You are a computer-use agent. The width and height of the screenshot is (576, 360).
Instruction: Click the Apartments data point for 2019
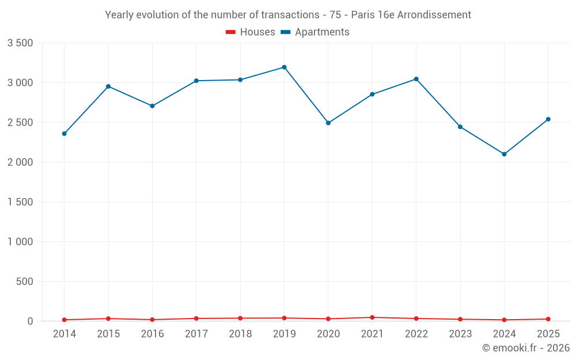[x=285, y=67]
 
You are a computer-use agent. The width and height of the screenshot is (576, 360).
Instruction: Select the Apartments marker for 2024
[x=505, y=154]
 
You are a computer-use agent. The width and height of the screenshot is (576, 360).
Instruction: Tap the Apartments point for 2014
[x=65, y=134]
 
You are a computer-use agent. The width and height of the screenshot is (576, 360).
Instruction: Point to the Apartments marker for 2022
[x=416, y=79]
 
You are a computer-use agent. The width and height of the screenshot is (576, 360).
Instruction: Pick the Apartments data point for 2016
[x=153, y=106]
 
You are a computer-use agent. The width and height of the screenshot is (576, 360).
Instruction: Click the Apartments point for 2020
[x=328, y=123]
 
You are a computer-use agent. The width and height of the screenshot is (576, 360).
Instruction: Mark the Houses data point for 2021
[x=372, y=317]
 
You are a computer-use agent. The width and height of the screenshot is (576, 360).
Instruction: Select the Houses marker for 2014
[x=65, y=320]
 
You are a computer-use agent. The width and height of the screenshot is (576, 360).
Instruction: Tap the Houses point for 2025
[x=548, y=319]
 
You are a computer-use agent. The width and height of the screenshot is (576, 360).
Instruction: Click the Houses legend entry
[x=251, y=32]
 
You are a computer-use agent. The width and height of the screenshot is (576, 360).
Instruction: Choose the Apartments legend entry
[x=315, y=32]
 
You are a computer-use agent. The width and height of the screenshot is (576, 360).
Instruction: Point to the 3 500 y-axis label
[x=20, y=43]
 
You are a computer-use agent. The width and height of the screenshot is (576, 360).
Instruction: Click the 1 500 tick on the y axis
[x=20, y=202]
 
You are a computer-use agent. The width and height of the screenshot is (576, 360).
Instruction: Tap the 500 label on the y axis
[x=25, y=282]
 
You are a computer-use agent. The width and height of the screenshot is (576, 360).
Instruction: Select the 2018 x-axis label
[x=240, y=334]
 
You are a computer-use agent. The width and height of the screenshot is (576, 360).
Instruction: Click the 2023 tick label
[x=460, y=334]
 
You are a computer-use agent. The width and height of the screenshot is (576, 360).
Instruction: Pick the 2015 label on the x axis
[x=108, y=334]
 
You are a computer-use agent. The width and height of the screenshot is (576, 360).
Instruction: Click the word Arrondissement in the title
[x=434, y=15]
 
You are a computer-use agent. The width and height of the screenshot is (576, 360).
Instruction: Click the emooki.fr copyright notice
[x=526, y=347]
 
